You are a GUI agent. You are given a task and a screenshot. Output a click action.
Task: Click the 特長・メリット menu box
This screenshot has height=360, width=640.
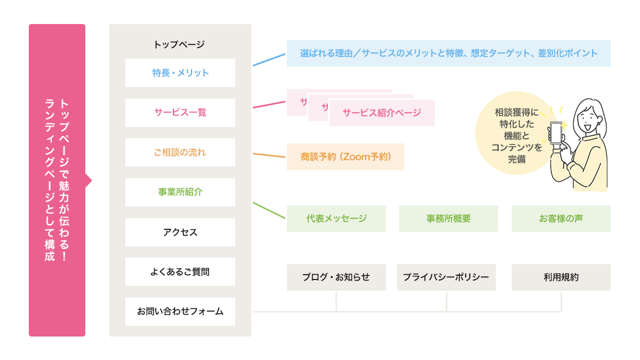[x=180, y=73]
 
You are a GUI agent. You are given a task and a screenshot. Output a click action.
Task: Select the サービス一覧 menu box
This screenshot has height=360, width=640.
[x=180, y=113]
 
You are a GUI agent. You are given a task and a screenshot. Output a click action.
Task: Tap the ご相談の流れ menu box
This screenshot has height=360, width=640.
[x=180, y=153]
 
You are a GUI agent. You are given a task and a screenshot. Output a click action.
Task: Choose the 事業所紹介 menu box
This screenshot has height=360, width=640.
[x=180, y=192]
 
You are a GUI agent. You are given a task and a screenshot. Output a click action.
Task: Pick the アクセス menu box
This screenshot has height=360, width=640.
[x=180, y=232]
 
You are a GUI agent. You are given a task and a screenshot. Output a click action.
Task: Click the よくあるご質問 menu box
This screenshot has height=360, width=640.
[x=180, y=272]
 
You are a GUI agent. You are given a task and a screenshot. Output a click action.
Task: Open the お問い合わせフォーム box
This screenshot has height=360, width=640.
[x=180, y=311]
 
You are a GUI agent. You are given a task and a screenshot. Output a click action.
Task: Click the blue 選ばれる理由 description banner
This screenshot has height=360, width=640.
[x=448, y=53]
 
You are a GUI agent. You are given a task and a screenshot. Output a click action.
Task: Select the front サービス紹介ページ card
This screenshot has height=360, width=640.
[x=381, y=113]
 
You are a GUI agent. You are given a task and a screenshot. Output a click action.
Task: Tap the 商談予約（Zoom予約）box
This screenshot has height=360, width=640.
[x=345, y=157]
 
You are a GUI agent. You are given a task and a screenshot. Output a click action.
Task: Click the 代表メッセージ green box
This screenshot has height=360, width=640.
[x=336, y=219]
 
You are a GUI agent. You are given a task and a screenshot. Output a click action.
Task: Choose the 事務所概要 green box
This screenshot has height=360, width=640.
[x=448, y=219]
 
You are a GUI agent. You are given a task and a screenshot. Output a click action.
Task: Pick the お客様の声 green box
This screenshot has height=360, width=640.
[x=561, y=219]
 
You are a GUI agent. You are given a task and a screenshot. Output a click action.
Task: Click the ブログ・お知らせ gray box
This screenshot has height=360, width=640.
[x=336, y=277]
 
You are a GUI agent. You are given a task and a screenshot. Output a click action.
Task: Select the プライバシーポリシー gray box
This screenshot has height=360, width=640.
[x=446, y=277]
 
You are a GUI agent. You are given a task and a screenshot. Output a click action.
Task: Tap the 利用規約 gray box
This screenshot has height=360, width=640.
[x=561, y=277]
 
